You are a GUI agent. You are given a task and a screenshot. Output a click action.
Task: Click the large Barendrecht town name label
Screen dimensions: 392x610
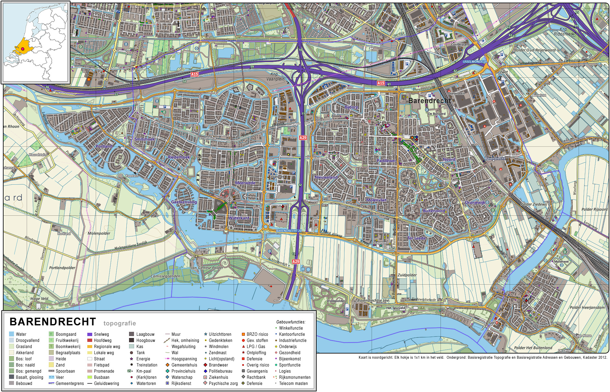pyautogui.click(x=430, y=101)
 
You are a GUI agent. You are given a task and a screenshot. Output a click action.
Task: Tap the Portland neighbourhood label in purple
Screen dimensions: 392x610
pyautogui.click(x=104, y=146)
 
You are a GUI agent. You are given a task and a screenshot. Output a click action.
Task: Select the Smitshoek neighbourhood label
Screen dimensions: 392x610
pyautogui.click(x=145, y=139)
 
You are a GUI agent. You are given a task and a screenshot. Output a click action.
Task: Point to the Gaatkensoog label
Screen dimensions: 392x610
pyautogui.click(x=184, y=202)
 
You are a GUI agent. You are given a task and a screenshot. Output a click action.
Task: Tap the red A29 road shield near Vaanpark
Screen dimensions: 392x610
pyautogui.click(x=303, y=138)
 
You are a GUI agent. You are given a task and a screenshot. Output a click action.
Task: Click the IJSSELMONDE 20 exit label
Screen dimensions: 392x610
pyautogui.click(x=474, y=61)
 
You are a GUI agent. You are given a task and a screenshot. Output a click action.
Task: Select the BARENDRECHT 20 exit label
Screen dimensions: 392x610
pyautogui.click(x=289, y=231)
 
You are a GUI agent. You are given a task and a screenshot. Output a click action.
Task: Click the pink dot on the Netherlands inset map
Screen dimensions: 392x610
pyautogui.click(x=23, y=49)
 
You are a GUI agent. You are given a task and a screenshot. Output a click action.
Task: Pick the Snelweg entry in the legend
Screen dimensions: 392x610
pyautogui.click(x=101, y=334)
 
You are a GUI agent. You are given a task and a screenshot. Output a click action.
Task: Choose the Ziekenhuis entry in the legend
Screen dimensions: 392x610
pyautogui.click(x=218, y=377)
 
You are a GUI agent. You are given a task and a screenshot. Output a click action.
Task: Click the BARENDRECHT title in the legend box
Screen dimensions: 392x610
pyautogui.click(x=53, y=322)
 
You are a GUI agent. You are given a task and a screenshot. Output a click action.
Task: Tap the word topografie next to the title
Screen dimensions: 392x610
pyautogui.click(x=120, y=323)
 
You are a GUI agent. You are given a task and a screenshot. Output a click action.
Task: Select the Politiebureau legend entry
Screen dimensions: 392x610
pyautogui.click(x=220, y=371)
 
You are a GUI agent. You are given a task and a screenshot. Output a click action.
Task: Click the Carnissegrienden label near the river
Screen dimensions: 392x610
pyautogui.click(x=165, y=276)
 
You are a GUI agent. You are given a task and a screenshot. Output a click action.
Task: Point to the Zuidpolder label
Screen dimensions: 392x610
pyautogui.click(x=407, y=275)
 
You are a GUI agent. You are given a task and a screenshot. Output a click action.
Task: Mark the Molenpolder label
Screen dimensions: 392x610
pyautogui.click(x=99, y=233)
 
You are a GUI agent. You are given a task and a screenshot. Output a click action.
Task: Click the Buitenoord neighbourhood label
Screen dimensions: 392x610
pyautogui.click(x=434, y=211)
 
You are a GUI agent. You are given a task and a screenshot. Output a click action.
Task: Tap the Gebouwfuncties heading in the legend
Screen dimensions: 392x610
pyautogui.click(x=290, y=322)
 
